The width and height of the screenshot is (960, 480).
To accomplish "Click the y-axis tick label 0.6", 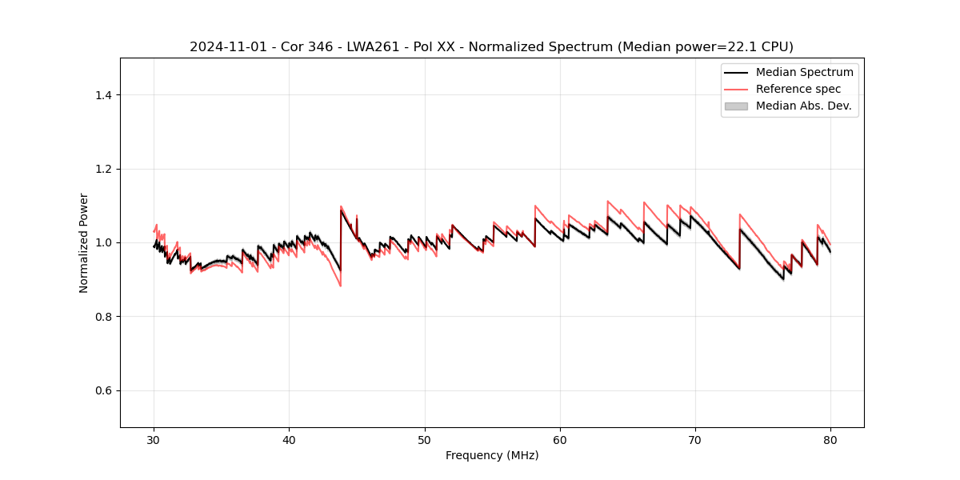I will point(103,390).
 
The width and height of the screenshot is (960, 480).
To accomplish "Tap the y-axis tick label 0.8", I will point(103,317).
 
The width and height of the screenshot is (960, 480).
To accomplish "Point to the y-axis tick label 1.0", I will point(103,242).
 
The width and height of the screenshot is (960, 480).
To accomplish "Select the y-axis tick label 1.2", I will point(103,169).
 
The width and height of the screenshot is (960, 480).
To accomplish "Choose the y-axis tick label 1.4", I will point(103,95).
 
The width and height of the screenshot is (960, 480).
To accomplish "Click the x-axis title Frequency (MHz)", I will point(492,455).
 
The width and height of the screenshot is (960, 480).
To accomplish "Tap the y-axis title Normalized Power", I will point(84,242).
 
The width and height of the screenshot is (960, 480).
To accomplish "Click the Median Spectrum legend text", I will point(804,72).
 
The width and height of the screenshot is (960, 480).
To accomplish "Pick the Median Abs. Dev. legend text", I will point(803,106).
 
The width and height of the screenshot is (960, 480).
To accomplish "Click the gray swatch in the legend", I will point(736,106).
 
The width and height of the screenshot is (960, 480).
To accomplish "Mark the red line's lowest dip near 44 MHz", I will point(341,286).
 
